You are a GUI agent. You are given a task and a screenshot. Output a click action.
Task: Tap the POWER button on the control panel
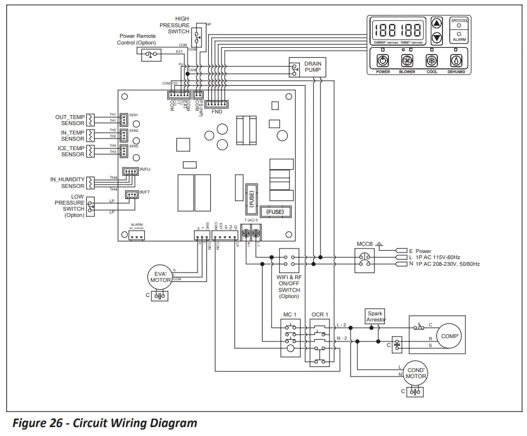[x=383, y=61]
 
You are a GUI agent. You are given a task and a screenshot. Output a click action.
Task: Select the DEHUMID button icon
[x=456, y=61]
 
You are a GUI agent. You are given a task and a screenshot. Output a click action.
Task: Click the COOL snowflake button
[x=432, y=61]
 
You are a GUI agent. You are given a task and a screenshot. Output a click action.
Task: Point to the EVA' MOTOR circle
[x=161, y=276]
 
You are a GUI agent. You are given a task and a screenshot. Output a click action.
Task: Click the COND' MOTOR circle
[x=416, y=373]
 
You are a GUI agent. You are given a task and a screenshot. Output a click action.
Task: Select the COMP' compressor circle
[x=449, y=336]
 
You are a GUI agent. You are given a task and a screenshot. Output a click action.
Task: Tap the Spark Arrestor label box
[x=376, y=316]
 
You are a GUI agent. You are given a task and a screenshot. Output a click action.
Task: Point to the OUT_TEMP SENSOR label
[x=70, y=120]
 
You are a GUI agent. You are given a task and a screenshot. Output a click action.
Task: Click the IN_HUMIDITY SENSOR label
[x=67, y=182]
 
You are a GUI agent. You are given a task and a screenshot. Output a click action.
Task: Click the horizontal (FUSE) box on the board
[x=275, y=212]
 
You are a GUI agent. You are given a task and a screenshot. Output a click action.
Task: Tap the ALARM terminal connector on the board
[x=136, y=235]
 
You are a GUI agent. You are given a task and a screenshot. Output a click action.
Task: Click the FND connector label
[x=216, y=112]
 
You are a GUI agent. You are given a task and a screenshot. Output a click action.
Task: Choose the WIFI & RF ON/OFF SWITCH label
[x=289, y=286]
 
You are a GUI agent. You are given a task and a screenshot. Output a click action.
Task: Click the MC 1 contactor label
[x=290, y=315]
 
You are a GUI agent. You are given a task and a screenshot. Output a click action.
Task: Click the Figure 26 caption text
[x=105, y=423]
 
